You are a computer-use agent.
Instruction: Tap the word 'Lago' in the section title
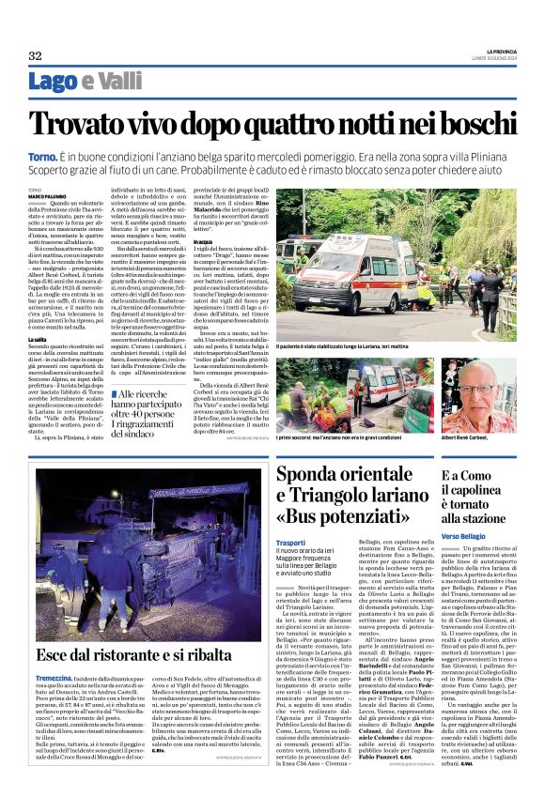pos(54,83)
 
